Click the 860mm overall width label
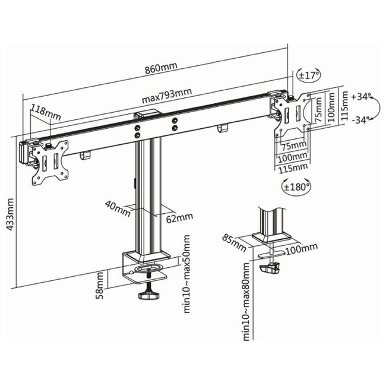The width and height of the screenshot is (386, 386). point(162,69)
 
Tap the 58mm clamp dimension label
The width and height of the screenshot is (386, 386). point(102,285)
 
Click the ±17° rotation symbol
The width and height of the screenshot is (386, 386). point(308,75)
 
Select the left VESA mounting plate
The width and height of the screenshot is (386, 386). point(49,161)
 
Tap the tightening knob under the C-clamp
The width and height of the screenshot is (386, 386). point(147,295)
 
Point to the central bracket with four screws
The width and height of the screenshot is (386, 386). point(156,126)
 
